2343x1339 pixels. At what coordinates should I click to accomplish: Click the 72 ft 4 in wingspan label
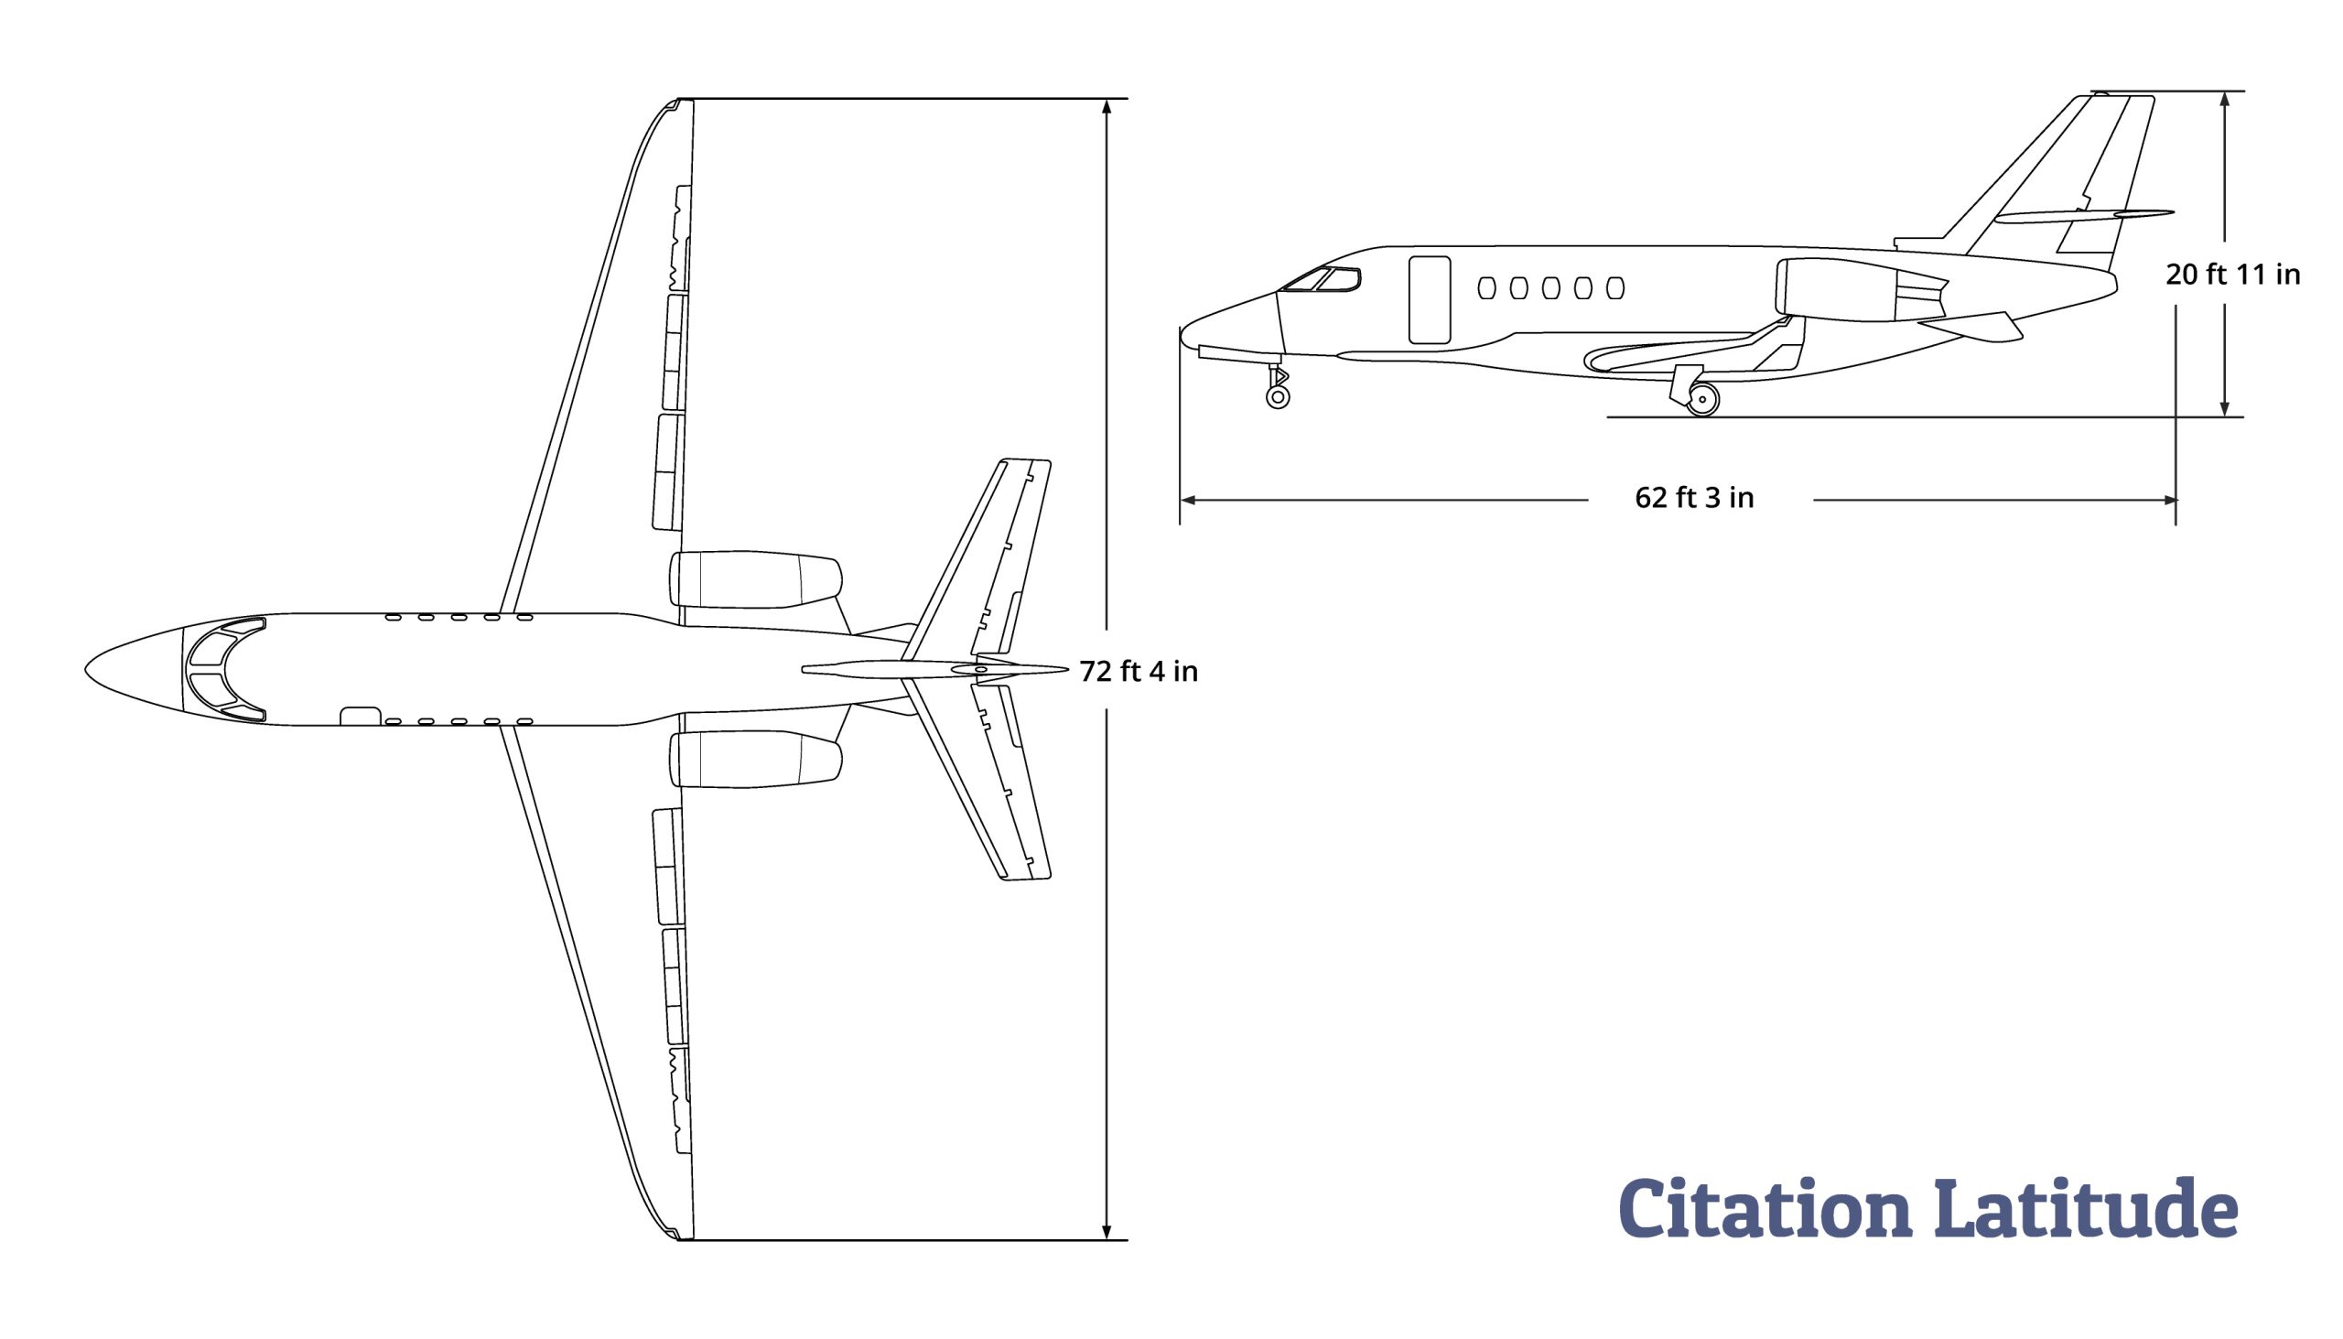(x=1139, y=672)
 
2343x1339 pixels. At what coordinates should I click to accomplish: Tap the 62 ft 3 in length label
(x=1694, y=498)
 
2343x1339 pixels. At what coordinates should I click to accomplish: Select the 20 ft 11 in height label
(x=2232, y=274)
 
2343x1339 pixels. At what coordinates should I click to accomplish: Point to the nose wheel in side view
(x=1278, y=396)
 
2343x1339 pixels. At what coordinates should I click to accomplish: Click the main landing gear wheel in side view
(x=1702, y=399)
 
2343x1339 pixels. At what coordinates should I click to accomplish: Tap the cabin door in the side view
(x=1430, y=300)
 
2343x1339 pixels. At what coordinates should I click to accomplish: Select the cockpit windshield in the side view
(x=1322, y=279)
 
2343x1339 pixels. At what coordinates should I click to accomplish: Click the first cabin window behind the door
(x=1487, y=288)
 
